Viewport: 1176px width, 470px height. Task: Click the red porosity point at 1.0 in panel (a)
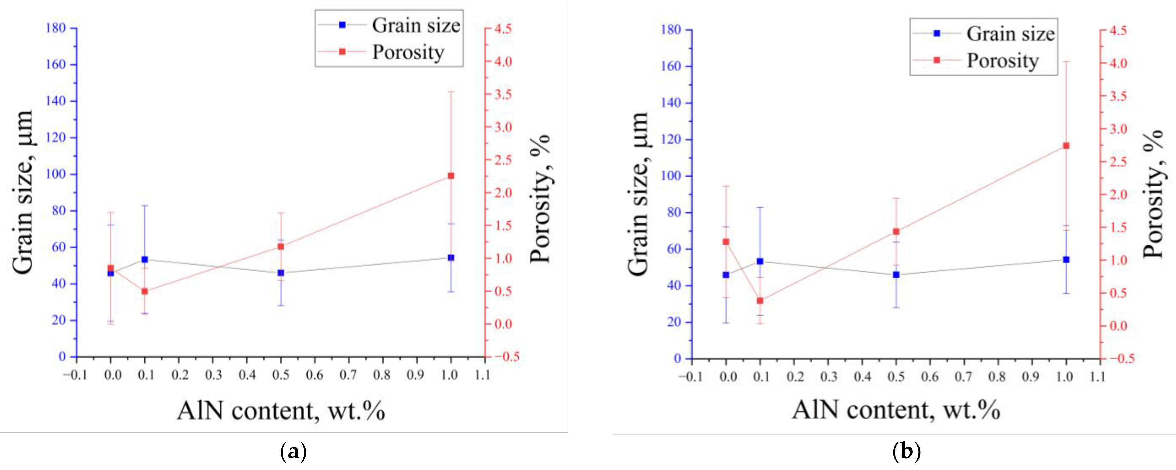pos(451,176)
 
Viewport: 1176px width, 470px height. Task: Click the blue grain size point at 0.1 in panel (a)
pos(145,259)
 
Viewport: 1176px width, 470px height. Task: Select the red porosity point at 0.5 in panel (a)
pos(281,246)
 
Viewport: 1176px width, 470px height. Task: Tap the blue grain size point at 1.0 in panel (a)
pos(451,257)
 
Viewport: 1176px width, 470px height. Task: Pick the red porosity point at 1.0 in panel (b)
pos(1066,146)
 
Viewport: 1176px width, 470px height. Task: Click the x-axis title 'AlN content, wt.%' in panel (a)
pos(281,411)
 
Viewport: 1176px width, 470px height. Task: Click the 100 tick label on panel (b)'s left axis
pos(671,176)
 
